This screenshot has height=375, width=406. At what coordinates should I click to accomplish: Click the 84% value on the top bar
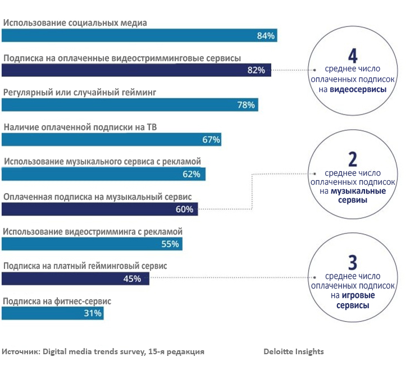tap(265, 36)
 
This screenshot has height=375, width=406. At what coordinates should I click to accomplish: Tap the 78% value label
tap(246, 105)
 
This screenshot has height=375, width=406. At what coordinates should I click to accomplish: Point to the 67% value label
tap(211, 140)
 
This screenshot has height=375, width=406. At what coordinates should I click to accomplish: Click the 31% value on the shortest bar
tap(93, 313)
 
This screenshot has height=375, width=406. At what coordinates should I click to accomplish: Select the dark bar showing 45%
tap(75, 278)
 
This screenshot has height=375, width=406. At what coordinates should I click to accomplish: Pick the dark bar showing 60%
tap(99, 209)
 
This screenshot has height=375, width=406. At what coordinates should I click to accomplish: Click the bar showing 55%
tap(92, 244)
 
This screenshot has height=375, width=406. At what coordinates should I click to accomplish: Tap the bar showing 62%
tap(103, 174)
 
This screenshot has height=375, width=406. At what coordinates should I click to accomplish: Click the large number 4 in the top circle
tap(353, 56)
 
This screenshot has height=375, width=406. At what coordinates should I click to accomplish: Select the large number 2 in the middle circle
tap(353, 159)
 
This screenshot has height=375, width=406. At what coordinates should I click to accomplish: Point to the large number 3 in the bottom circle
tap(353, 263)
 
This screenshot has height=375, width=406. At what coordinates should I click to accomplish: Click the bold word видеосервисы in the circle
tap(358, 89)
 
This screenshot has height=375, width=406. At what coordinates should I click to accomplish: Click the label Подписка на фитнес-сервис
tap(57, 301)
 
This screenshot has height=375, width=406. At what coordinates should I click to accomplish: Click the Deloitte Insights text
tap(294, 351)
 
